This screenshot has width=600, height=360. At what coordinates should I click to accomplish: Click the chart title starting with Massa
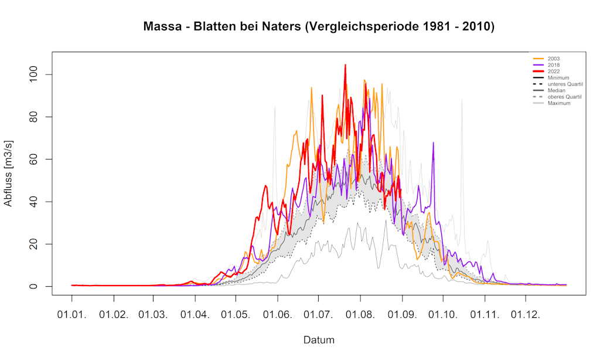[x=319, y=27]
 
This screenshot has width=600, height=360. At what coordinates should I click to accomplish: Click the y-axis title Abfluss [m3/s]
[x=8, y=174]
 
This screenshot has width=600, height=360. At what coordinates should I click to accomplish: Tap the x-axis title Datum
[x=319, y=340]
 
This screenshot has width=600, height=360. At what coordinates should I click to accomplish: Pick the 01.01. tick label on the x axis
[x=72, y=315]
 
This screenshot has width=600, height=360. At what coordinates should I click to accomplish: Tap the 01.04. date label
[x=195, y=315]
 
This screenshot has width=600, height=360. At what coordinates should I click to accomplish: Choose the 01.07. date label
[x=319, y=315]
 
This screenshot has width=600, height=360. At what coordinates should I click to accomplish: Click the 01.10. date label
[x=444, y=315]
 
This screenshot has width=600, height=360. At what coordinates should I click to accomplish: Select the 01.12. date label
[x=526, y=315]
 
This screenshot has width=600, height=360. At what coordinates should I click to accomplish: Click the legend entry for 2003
[x=554, y=59]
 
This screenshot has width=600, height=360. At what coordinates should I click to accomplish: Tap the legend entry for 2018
[x=554, y=65]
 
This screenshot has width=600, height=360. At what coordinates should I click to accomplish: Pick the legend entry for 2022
[x=554, y=72]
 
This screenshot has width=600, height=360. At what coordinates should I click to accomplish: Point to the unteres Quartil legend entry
[x=564, y=84]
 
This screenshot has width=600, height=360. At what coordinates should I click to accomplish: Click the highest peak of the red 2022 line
[x=345, y=65]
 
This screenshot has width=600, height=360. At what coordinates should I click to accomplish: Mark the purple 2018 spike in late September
[x=434, y=142]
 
